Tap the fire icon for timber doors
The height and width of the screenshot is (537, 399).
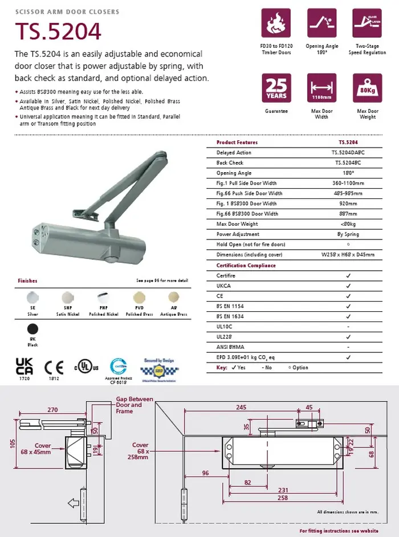point(276,23)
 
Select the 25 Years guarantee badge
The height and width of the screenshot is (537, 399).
point(276,88)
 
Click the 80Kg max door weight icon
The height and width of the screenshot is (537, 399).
point(368,88)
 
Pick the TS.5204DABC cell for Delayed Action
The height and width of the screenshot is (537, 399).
point(348,153)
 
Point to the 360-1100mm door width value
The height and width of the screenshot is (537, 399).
point(348,184)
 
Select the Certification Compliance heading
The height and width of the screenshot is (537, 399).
point(246,266)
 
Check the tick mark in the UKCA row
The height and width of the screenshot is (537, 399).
point(348,286)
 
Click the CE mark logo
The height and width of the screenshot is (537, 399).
point(54,367)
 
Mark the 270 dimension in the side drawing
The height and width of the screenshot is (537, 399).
point(52,409)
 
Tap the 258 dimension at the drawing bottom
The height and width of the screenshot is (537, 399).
point(282,498)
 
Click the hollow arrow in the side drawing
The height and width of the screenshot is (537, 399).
point(74,503)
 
